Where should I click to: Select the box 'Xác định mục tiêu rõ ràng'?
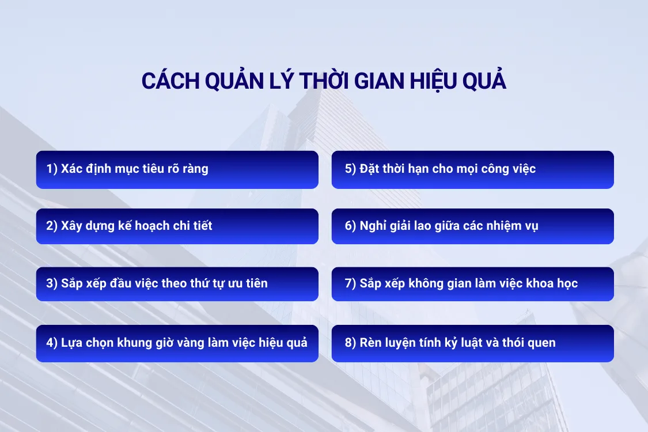[177, 169]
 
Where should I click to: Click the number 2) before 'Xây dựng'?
[52, 226]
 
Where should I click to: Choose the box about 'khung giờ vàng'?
[177, 343]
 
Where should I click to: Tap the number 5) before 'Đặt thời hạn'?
[350, 169]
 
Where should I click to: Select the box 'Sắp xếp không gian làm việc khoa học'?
[472, 283]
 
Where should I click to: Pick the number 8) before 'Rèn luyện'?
[350, 343]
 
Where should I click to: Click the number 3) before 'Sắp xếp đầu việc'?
[52, 283]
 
